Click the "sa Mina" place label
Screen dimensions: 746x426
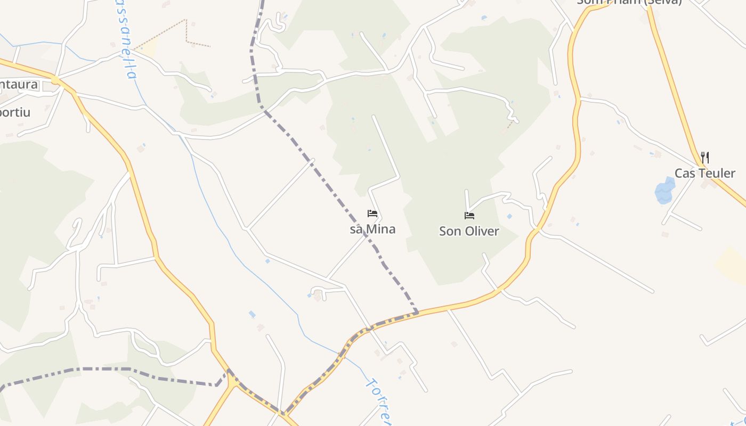(372, 230)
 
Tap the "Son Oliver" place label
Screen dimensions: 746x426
(469, 231)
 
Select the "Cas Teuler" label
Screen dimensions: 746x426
(704, 173)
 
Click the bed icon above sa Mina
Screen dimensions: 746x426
(372, 214)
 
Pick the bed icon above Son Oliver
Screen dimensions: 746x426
(469, 216)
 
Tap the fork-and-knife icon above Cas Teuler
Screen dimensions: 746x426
(704, 157)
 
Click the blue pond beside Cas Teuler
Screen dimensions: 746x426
(664, 192)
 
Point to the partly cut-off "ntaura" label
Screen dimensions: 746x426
(19, 84)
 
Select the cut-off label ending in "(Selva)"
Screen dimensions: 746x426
(629, 2)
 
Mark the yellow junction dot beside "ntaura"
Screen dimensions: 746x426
(55, 80)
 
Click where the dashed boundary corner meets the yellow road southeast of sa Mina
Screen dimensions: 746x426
(416, 312)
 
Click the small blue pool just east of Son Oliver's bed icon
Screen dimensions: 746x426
(509, 216)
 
